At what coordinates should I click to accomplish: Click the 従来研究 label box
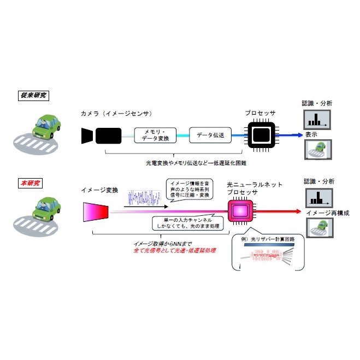coord(32,95)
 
